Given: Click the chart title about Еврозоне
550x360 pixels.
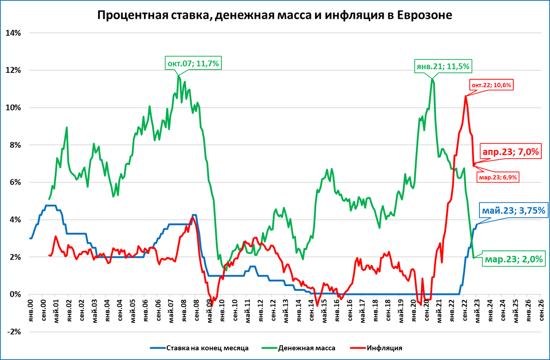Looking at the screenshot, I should [x=275, y=15].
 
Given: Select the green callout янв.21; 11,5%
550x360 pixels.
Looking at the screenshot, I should [x=443, y=66].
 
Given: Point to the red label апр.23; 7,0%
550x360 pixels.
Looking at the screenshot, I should [x=511, y=151].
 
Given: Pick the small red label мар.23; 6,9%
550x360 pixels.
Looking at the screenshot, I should [x=499, y=177].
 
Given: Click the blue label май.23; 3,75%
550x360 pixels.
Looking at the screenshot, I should [x=513, y=210].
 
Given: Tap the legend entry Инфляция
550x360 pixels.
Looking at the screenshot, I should [x=384, y=348].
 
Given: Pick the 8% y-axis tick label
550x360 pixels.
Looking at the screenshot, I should [x=16, y=145].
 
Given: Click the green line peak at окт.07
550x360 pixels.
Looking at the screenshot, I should [x=178, y=75].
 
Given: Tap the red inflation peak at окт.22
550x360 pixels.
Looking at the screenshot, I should [x=466, y=96].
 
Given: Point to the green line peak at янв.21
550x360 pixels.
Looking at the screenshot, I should [x=432, y=79].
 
